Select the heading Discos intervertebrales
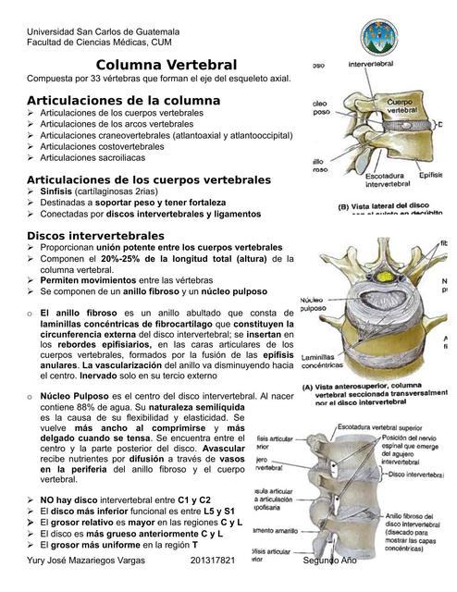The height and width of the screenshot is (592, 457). point(96,236)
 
